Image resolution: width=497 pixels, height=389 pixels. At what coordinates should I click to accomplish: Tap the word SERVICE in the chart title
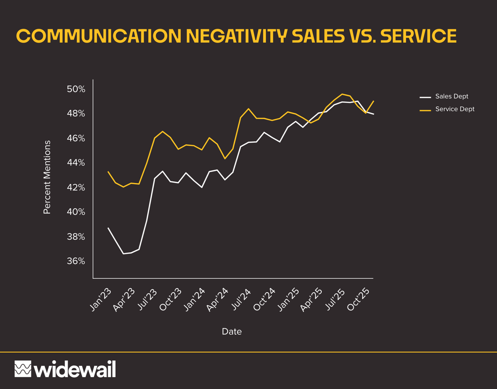click(418, 36)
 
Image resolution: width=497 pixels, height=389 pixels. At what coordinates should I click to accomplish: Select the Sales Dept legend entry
click(451, 96)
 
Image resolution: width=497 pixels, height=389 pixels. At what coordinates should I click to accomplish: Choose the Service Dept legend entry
click(454, 109)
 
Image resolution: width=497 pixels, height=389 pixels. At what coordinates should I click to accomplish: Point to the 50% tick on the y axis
click(76, 89)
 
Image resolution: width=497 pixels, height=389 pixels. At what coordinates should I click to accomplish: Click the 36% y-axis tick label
click(76, 261)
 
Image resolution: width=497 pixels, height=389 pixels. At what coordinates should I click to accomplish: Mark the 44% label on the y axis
click(76, 163)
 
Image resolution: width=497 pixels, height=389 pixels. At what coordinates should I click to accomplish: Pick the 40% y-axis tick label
click(76, 212)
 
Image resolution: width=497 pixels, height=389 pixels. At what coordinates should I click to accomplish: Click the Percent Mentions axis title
click(47, 178)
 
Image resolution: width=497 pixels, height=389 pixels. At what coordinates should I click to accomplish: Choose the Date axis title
click(232, 332)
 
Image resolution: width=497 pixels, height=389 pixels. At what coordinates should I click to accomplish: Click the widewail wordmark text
click(75, 369)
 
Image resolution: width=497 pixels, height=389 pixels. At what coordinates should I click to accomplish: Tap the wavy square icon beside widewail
click(23, 369)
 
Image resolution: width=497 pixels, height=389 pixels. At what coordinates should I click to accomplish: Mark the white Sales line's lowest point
click(124, 254)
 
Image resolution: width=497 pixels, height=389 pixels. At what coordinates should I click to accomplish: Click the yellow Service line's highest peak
click(342, 94)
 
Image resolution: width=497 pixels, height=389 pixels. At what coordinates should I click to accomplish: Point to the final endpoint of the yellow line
click(374, 101)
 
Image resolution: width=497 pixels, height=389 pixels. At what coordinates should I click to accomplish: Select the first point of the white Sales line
click(108, 228)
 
